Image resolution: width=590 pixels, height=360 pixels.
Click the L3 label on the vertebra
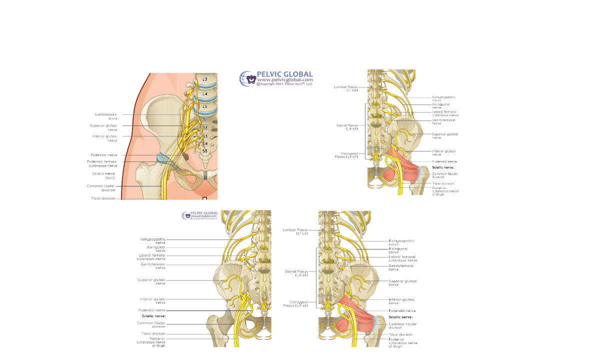(204, 79)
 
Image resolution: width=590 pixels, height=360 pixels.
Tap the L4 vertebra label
(204, 94)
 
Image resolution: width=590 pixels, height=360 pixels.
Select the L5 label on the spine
(204, 106)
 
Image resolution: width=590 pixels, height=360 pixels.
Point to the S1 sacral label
(204, 119)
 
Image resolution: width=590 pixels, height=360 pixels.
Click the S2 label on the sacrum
(204, 127)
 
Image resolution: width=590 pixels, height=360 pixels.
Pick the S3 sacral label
(204, 136)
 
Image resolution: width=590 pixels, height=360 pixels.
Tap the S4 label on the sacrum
(204, 143)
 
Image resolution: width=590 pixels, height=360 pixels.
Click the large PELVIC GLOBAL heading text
(284, 74)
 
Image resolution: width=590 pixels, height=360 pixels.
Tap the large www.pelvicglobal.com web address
(285, 80)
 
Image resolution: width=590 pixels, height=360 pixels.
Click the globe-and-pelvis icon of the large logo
(247, 79)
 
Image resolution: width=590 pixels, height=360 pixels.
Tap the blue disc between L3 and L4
(205, 86)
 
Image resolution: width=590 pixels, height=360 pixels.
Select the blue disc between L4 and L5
(205, 100)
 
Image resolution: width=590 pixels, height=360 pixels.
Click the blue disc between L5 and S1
(206, 112)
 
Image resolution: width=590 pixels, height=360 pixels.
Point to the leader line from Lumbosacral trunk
(150, 115)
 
